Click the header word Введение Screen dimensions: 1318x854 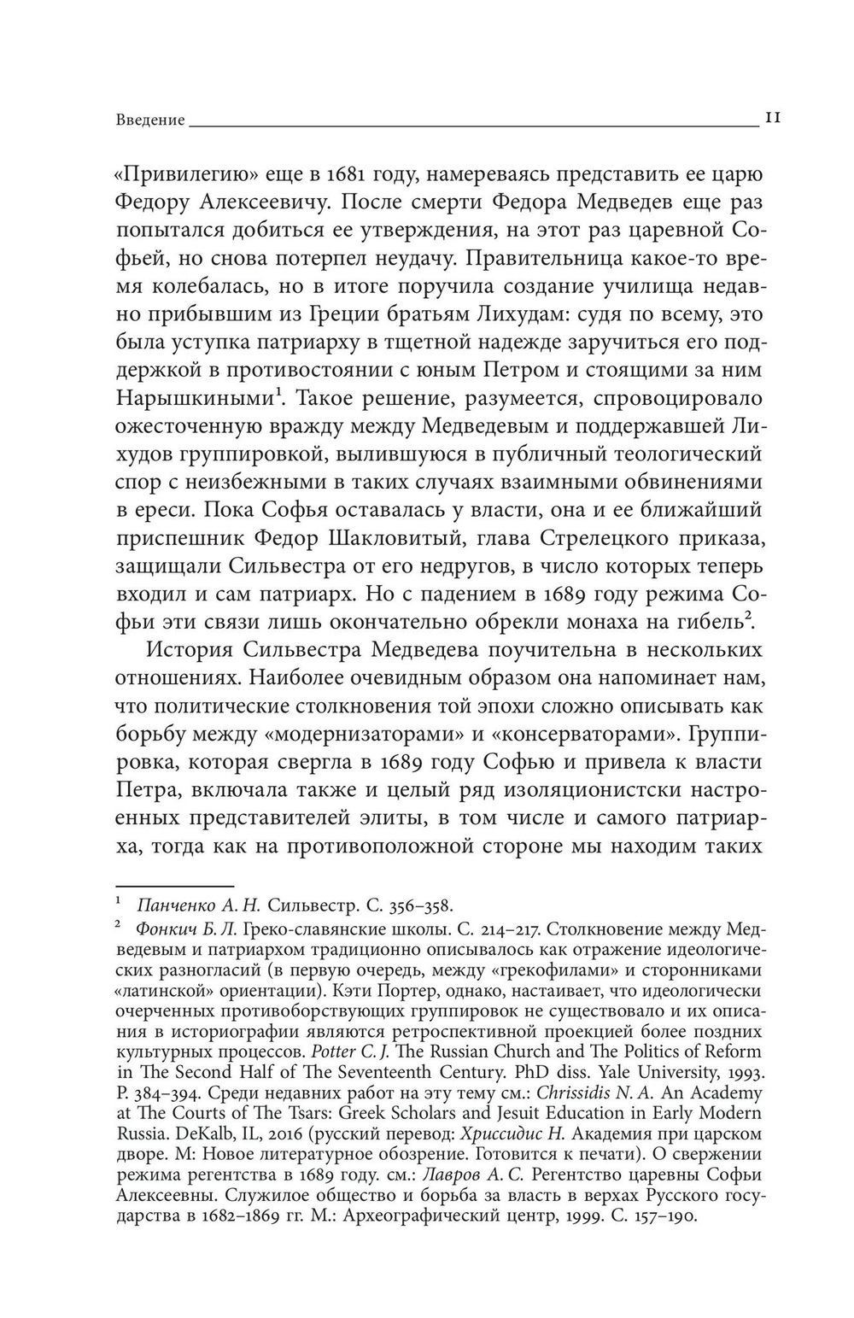tap(149, 120)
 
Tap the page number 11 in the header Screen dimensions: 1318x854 tap(771, 119)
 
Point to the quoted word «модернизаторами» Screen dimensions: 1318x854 tap(351, 734)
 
